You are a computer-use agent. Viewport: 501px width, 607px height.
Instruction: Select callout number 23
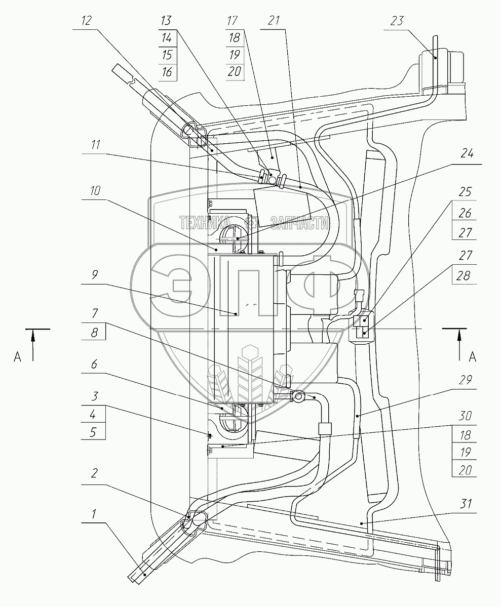[397, 22]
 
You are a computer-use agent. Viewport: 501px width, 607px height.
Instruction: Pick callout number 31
[466, 504]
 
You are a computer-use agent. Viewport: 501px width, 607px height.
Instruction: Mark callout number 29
[466, 380]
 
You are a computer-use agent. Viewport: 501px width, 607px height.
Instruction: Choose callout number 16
[166, 72]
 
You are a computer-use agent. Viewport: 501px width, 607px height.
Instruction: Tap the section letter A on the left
[18, 356]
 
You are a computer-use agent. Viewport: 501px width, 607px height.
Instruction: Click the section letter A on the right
[472, 356]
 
